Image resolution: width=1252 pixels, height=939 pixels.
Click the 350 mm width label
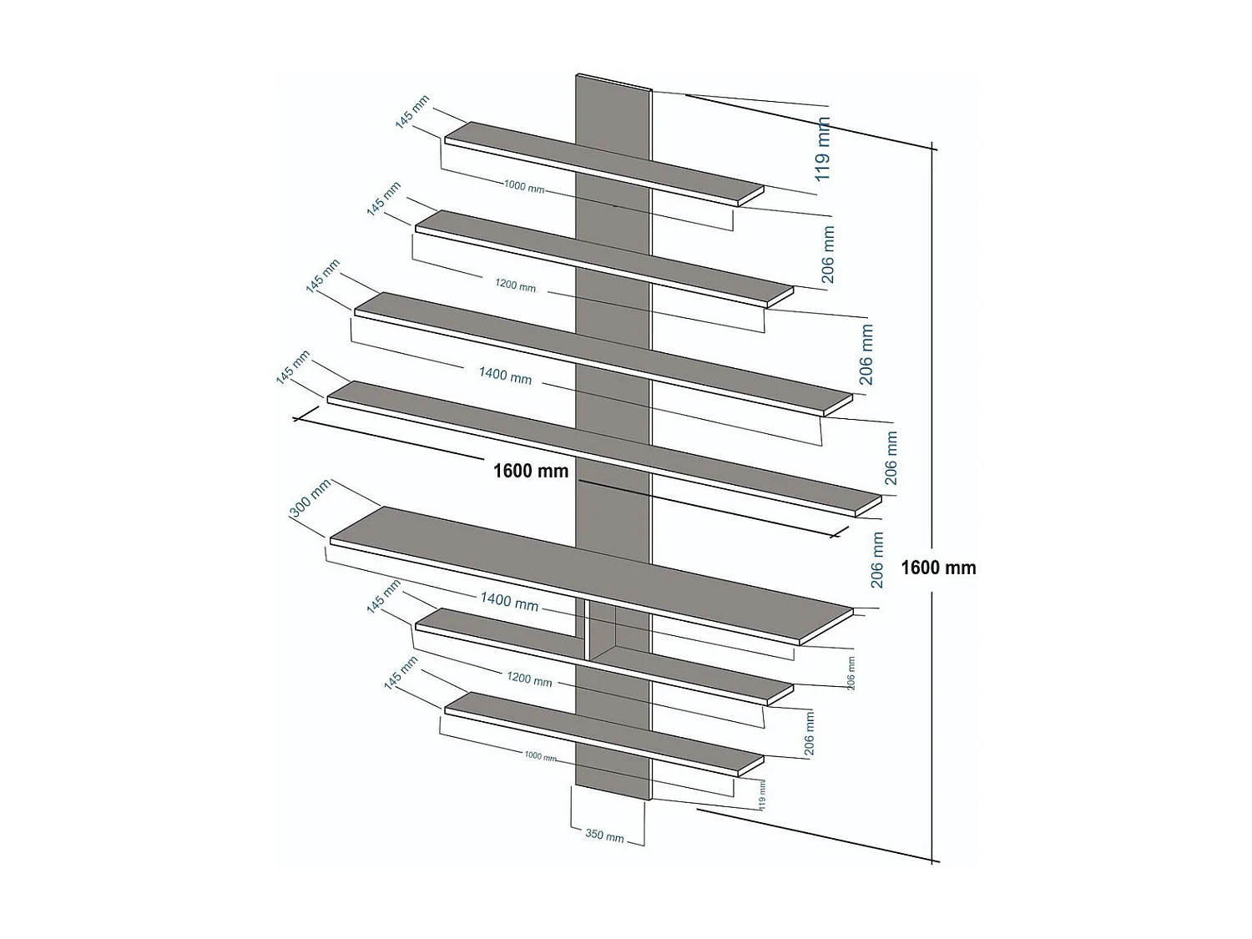[x=604, y=835]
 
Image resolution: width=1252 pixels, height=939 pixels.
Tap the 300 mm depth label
[x=311, y=499]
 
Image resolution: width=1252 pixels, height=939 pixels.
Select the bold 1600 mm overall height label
[x=938, y=568]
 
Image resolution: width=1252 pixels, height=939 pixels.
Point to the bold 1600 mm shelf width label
[x=531, y=471]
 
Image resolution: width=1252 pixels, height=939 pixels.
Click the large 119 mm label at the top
[x=823, y=149]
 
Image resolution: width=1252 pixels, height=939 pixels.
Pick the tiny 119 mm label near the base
[x=761, y=793]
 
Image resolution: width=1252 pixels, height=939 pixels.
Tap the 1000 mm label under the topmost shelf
[x=524, y=187]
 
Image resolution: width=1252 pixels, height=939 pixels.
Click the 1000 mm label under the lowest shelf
[x=540, y=756]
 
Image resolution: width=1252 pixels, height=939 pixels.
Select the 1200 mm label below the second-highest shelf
[x=515, y=285]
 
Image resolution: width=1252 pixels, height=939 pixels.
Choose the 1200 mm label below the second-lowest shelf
[x=529, y=679]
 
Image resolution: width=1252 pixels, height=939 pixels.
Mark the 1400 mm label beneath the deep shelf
[x=509, y=600]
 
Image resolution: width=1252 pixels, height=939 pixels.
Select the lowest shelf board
[x=517, y=717]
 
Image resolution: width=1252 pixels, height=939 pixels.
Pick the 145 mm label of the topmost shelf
[x=412, y=112]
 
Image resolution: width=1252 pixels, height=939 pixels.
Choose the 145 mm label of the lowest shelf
[x=401, y=673]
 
